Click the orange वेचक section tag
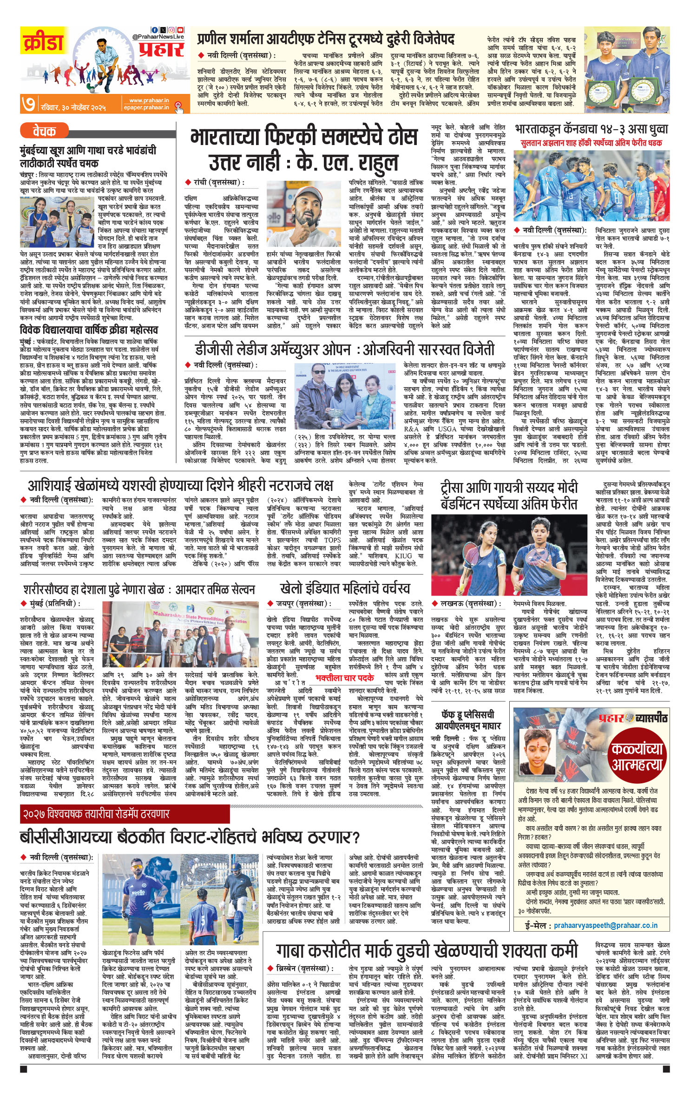[44, 132]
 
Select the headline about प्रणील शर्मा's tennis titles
[325, 38]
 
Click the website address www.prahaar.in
[149, 100]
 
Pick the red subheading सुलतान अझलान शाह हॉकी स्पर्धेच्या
[591, 143]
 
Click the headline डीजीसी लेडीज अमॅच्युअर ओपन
[344, 349]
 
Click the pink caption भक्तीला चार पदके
[344, 678]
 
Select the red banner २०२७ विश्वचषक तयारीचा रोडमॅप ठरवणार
[95, 814]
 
